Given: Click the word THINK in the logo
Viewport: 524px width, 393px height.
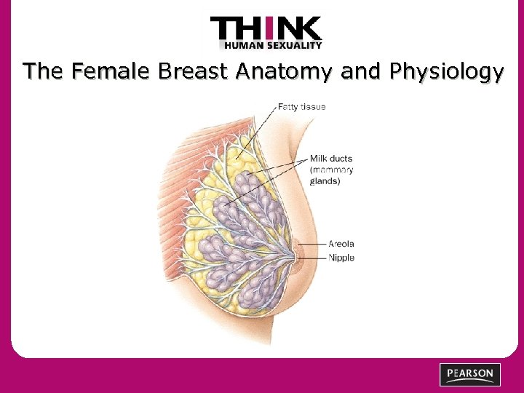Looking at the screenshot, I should [x=266, y=30].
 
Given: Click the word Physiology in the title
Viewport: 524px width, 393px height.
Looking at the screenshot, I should [x=447, y=72].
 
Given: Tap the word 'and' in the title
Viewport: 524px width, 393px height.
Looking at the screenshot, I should [x=360, y=72].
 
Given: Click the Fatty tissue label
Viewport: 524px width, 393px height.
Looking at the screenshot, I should [x=302, y=106].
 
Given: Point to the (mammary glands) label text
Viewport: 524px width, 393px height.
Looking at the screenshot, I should [x=332, y=175].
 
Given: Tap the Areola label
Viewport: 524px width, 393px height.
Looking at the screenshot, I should [x=341, y=244].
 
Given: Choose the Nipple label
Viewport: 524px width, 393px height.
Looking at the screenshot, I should [x=341, y=258].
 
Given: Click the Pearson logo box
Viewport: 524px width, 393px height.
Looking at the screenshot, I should [x=470, y=374].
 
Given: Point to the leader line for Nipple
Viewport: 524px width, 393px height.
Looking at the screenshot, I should [x=314, y=257].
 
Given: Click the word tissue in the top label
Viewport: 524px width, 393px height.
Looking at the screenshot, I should [x=315, y=106].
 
